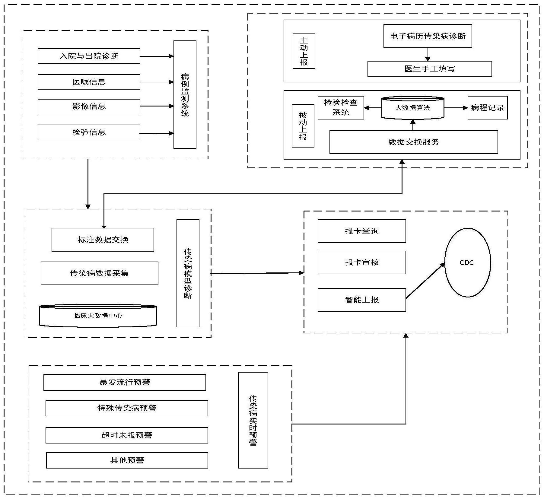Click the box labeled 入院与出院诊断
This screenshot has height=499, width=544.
(x=89, y=56)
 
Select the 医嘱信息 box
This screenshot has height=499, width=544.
(x=89, y=82)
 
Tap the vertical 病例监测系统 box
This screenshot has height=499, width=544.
(x=185, y=94)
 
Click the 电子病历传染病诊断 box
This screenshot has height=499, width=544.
(x=428, y=36)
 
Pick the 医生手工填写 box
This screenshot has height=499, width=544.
(x=429, y=69)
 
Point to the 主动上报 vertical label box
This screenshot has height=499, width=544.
(x=304, y=51)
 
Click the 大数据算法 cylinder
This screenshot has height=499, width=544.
(x=412, y=108)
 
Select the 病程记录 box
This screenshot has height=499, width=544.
(x=487, y=108)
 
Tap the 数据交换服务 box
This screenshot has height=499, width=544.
(x=413, y=142)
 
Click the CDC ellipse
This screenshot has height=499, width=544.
(x=467, y=262)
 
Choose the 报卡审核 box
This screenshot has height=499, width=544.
(x=361, y=262)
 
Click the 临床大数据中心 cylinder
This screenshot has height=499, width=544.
(x=98, y=316)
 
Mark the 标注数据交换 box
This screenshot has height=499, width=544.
(x=103, y=240)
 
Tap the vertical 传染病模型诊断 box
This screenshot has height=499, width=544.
(x=188, y=273)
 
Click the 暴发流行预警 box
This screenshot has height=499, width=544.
(x=125, y=382)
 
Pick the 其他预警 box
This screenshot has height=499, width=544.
(x=127, y=460)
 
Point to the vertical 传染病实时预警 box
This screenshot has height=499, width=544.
(x=253, y=420)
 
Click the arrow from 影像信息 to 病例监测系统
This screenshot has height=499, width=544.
(x=157, y=106)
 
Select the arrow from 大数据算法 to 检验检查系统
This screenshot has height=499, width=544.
(x=373, y=108)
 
